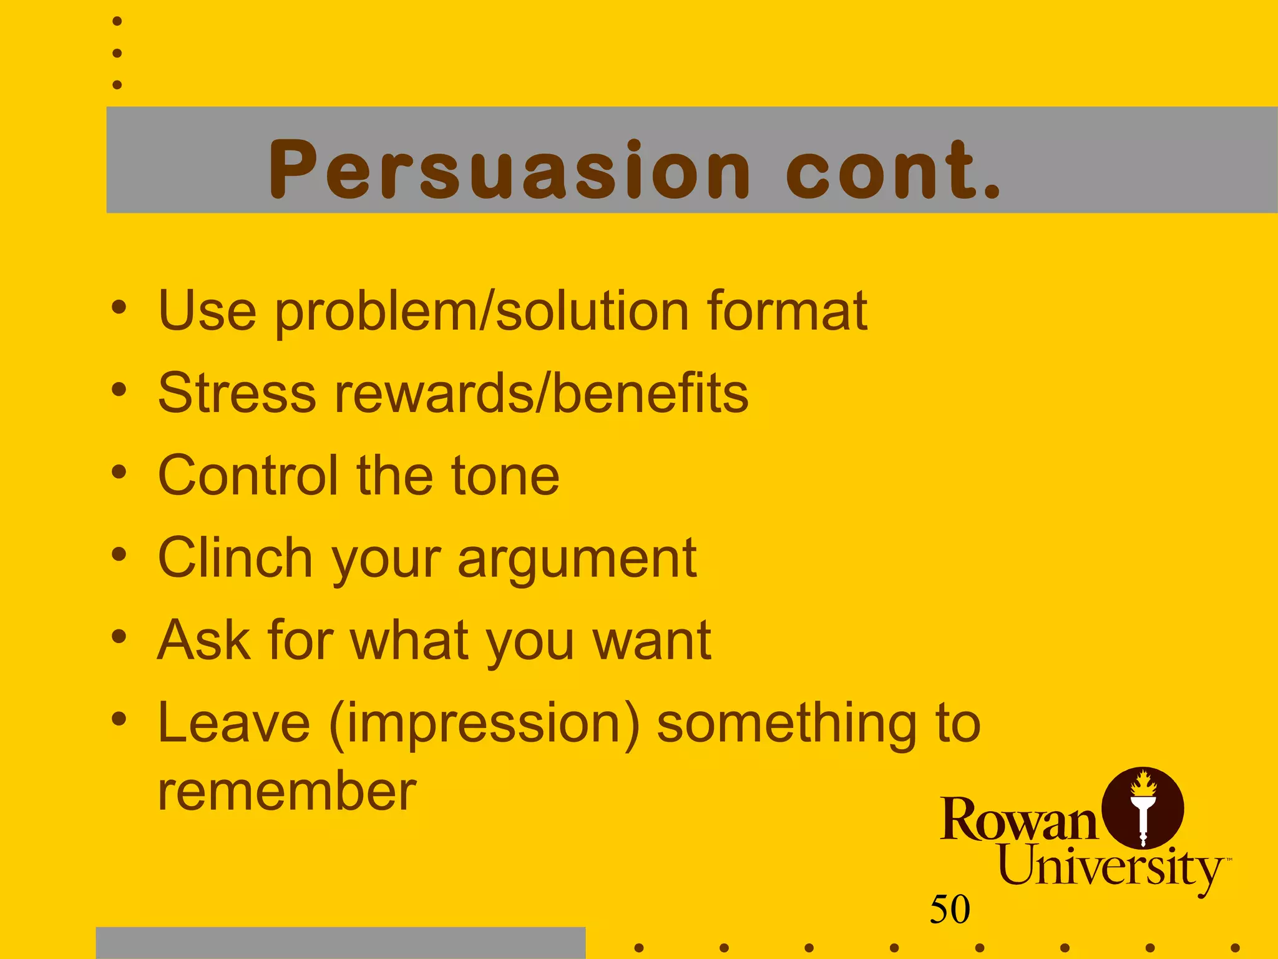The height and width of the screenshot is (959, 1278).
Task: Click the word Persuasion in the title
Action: click(x=509, y=170)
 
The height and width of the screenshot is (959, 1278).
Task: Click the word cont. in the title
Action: click(x=892, y=170)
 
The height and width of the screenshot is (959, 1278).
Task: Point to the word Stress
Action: click(x=237, y=393)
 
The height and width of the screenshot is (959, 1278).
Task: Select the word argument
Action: click(x=577, y=559)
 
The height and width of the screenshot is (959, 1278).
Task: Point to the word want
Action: click(x=651, y=641)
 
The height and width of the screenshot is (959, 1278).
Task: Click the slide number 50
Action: click(x=950, y=909)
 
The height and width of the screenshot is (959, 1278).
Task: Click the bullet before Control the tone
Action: click(x=119, y=472)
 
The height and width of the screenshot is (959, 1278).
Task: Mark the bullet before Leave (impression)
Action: click(x=119, y=719)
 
